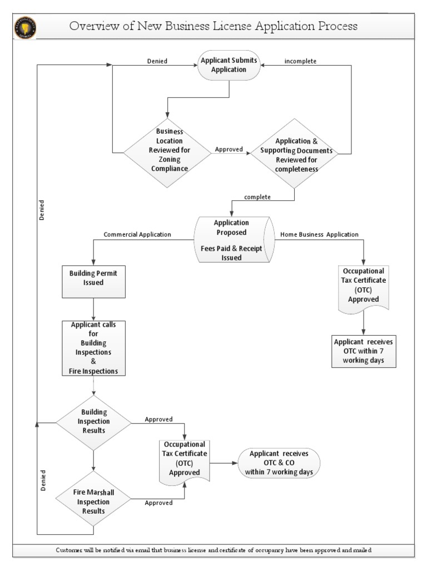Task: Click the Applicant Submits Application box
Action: coord(230,65)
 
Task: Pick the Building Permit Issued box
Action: coord(93,278)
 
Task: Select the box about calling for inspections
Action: coord(93,348)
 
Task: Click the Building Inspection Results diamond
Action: coord(93,422)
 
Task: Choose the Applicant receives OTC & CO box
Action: coord(279,463)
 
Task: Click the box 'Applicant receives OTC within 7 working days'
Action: coord(365,351)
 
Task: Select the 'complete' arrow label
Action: coord(257,197)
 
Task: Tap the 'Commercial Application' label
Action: coord(137,234)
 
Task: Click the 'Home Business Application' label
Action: coord(319,234)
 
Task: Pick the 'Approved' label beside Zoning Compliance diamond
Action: coord(228,149)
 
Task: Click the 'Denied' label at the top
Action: coord(157,61)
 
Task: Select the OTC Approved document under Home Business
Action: coord(364,288)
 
